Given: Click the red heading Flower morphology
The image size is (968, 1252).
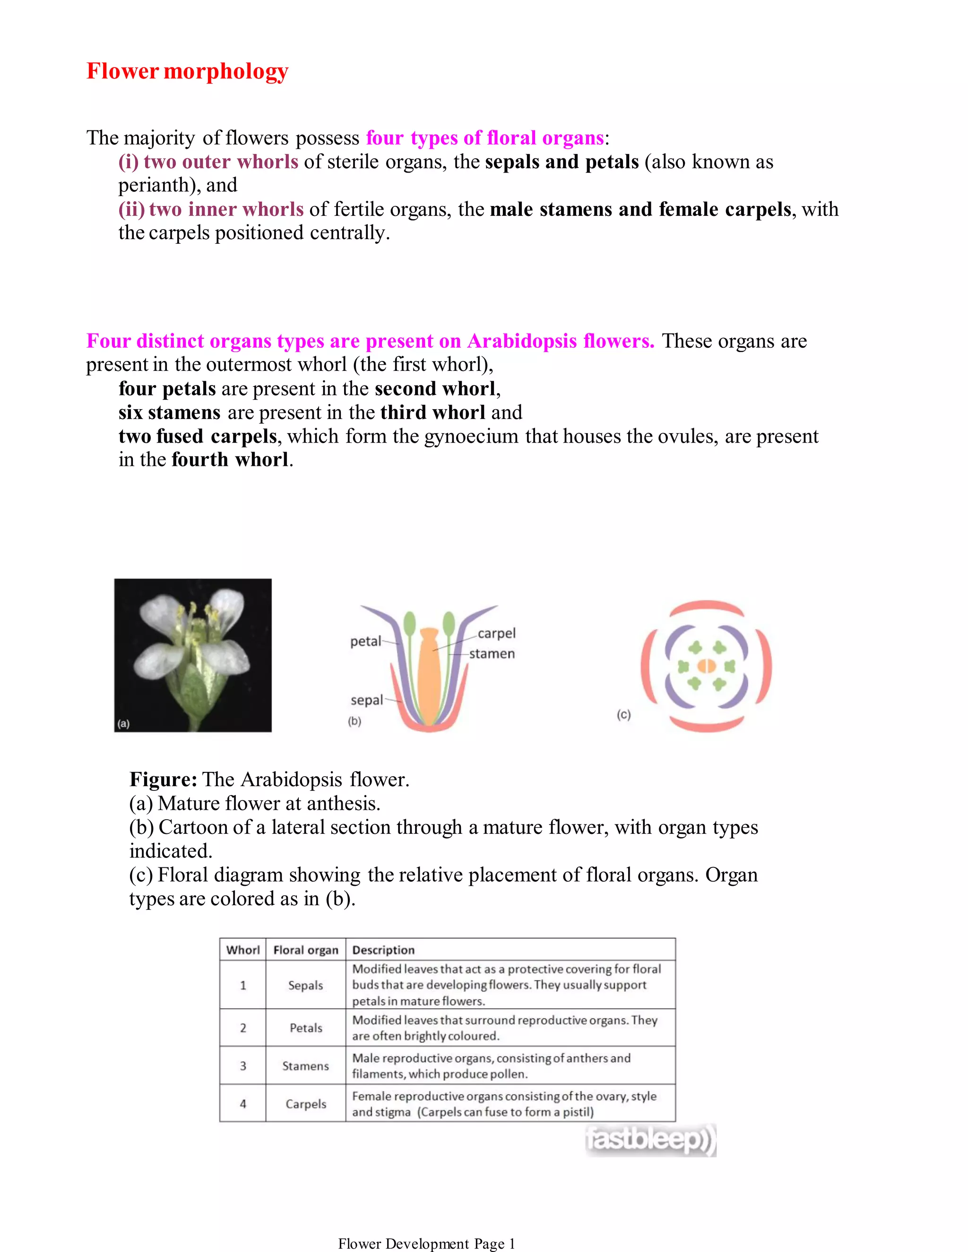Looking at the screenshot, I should (x=187, y=71).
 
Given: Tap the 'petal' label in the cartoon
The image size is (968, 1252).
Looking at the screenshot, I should (x=365, y=641).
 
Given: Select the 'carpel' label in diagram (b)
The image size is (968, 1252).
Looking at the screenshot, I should (x=497, y=633).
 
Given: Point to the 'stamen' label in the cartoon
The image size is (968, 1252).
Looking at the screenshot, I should (x=492, y=653).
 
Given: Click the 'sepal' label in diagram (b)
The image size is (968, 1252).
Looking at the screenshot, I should (x=366, y=700).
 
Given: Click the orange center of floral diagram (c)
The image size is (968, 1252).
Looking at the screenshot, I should (x=707, y=666).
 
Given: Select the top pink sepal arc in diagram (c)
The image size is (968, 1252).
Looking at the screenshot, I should (x=707, y=607).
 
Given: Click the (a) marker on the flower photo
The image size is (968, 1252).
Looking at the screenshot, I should (x=123, y=723).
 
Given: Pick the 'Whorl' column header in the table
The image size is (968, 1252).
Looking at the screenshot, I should (x=242, y=950).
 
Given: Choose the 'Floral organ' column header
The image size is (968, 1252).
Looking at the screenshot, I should (x=306, y=950).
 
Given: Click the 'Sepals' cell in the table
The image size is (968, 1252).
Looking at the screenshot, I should (x=306, y=986).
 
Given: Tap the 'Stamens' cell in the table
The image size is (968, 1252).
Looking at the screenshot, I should (x=306, y=1066).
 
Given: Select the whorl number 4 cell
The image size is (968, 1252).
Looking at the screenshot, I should (x=242, y=1104).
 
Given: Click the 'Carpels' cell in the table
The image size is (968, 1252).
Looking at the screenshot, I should (x=306, y=1104).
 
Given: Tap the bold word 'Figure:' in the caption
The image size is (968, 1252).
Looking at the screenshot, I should (x=164, y=780).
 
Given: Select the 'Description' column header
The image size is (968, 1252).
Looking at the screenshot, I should (x=383, y=950).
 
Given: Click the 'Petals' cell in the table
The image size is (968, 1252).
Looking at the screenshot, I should (x=306, y=1028).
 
